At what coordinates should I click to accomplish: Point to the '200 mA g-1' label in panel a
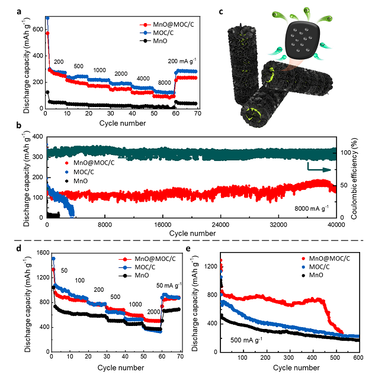pyautogui.click(x=182, y=61)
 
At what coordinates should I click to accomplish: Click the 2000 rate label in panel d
pyautogui.click(x=153, y=311)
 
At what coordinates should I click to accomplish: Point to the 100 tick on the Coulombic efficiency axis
pyautogui.click(x=345, y=153)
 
